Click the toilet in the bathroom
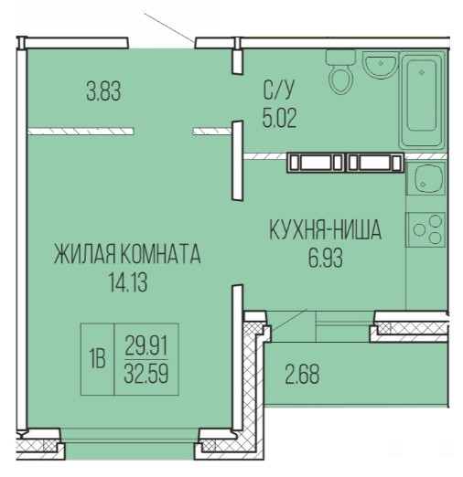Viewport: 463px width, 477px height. click(340, 72)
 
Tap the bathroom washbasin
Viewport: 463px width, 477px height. click(380, 64)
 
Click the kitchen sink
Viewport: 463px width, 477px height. click(426, 178)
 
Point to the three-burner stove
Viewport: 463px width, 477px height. click(425, 229)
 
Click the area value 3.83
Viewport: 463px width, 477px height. click(103, 90)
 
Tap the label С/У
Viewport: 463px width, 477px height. click(279, 90)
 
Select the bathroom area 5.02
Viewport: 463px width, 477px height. click(279, 117)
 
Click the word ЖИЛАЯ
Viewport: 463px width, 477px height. click(85, 254)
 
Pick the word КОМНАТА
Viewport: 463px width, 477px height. click(160, 254)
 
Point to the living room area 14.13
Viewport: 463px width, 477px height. click(128, 282)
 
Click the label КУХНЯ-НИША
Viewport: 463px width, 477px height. click(326, 229)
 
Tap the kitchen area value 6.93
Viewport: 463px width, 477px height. click(326, 258)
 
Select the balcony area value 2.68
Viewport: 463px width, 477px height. click(302, 374)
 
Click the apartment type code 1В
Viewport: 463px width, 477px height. click(97, 358)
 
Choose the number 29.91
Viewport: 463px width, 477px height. click(146, 345)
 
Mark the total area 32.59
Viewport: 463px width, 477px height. click(146, 373)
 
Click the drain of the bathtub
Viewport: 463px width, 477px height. click(422, 72)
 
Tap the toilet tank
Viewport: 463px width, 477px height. click(340, 58)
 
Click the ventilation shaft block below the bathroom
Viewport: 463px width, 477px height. click(345, 162)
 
